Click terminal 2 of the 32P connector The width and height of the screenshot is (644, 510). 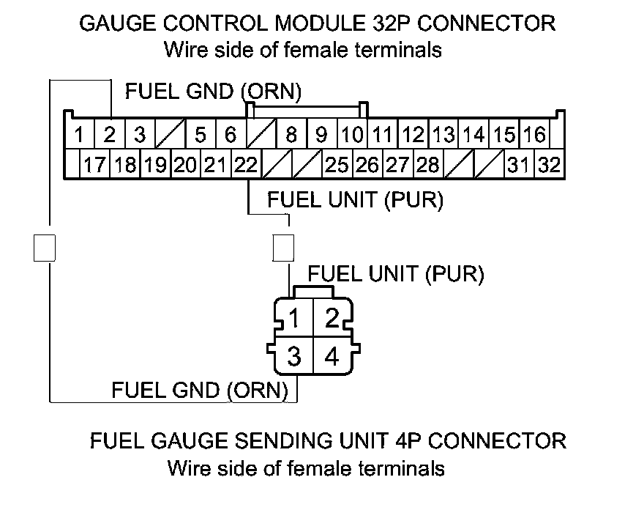pos(110,135)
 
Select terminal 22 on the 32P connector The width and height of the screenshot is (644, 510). pos(246,165)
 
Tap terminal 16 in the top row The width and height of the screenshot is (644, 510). pos(534,135)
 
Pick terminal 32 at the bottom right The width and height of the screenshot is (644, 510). pos(548,165)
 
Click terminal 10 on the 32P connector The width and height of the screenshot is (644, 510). pos(353,135)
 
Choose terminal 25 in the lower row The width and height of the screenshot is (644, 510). pos(337,165)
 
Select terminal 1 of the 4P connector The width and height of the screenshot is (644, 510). pos(293,319)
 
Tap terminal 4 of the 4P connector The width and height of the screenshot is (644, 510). pos(332,357)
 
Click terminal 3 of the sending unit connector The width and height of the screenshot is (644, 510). pos(293,357)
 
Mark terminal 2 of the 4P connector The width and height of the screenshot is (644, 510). pos(332,319)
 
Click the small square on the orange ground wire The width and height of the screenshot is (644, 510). pos(45,248)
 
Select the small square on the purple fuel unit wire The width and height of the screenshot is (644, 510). pos(282,248)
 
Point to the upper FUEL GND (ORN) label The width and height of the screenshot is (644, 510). pos(213,92)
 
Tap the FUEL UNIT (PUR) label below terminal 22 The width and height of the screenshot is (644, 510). pos(355,199)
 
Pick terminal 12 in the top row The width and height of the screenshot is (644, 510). pos(413,135)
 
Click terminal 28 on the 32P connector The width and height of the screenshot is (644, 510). pos(427,165)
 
